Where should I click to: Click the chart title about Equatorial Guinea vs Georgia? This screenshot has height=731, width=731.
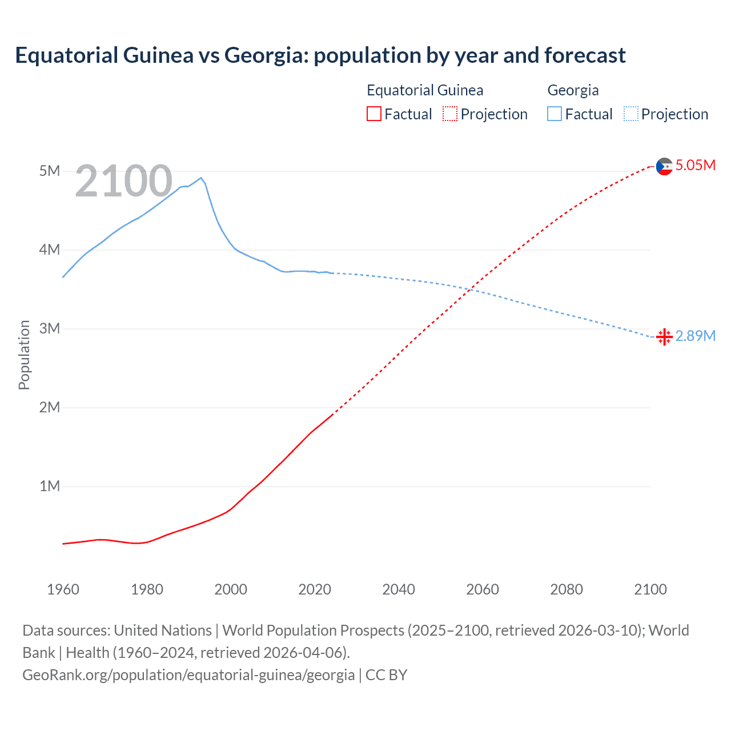(x=320, y=55)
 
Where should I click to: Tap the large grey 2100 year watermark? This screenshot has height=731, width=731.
(x=123, y=181)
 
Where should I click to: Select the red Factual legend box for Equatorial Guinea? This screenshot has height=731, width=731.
(x=373, y=114)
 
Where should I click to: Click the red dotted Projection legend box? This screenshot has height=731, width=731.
(x=450, y=114)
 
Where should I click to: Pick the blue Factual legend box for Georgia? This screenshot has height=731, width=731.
(x=555, y=114)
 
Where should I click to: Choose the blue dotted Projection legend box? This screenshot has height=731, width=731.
(x=630, y=114)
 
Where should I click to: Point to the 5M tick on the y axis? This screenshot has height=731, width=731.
(x=50, y=171)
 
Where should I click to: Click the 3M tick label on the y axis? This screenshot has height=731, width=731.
(x=50, y=328)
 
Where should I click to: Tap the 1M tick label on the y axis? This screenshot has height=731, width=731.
(x=50, y=486)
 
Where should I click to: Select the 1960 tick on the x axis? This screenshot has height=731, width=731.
(x=63, y=589)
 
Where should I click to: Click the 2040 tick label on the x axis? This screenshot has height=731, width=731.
(x=399, y=589)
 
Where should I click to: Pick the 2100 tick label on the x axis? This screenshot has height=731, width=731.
(x=650, y=589)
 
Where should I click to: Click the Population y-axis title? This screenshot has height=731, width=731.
(x=24, y=355)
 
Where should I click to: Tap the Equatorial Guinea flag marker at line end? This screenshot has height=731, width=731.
(x=664, y=166)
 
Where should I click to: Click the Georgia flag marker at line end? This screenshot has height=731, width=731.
(x=664, y=337)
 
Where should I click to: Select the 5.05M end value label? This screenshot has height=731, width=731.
(x=695, y=166)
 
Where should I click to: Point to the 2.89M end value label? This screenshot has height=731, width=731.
(x=695, y=336)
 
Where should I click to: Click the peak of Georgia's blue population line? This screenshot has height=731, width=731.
(x=200, y=178)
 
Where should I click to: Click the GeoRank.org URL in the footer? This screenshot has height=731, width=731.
(x=188, y=675)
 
